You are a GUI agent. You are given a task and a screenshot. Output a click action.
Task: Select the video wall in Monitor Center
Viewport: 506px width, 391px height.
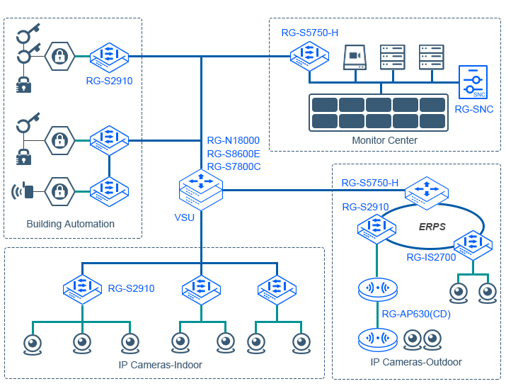click(x=380, y=112)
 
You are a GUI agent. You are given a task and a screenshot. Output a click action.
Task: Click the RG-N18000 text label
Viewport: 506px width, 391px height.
click(x=233, y=140)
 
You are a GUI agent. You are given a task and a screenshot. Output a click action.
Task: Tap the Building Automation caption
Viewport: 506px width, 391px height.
click(x=70, y=224)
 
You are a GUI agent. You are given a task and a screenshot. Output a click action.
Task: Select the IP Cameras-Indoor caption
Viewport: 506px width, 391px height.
click(x=160, y=365)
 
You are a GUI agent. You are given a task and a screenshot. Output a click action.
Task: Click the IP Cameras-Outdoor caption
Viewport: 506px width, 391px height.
click(x=416, y=362)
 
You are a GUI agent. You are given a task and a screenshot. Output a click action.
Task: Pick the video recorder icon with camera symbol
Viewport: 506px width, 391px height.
click(x=355, y=57)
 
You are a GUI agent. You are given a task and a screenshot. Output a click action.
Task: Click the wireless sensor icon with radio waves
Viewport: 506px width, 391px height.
click(x=23, y=191)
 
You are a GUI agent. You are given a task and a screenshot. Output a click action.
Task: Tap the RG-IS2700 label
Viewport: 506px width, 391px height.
click(x=431, y=257)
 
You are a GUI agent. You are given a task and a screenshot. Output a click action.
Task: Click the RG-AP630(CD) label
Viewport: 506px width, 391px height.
click(x=415, y=314)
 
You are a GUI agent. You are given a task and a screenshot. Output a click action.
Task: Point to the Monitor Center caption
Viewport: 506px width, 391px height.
click(x=384, y=140)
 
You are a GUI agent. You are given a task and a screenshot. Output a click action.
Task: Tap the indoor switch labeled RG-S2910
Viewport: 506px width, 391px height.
click(x=83, y=289)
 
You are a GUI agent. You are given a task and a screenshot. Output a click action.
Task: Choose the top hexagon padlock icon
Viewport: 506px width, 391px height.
click(x=61, y=56)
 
